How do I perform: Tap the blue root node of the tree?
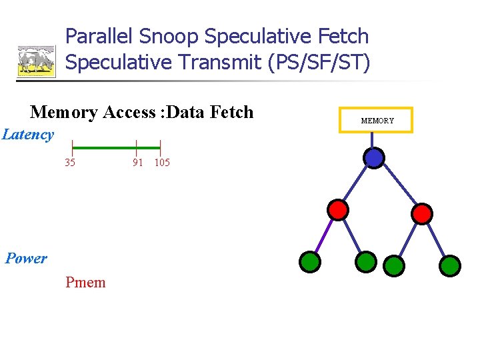point(374,157)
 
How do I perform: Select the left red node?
point(338,210)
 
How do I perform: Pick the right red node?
point(421,213)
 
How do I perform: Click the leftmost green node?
point(309,262)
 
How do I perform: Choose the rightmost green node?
point(450,265)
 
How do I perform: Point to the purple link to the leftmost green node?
point(324,236)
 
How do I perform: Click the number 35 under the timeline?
point(70,163)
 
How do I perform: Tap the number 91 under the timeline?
point(137,163)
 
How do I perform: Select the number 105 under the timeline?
point(162,163)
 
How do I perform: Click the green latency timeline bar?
point(116,147)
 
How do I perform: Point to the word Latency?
point(28,135)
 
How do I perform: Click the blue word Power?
point(26,259)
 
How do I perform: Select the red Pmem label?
point(85,283)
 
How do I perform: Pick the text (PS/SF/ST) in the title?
point(318,62)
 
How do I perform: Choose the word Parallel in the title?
point(99,37)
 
